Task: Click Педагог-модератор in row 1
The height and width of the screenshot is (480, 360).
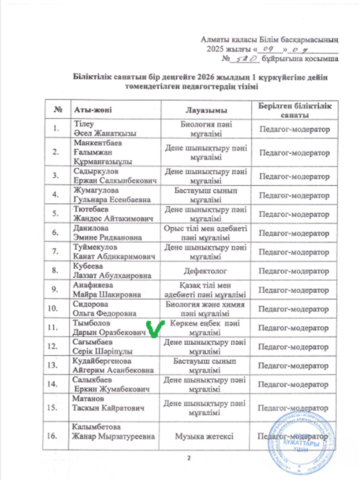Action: coord(294,129)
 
